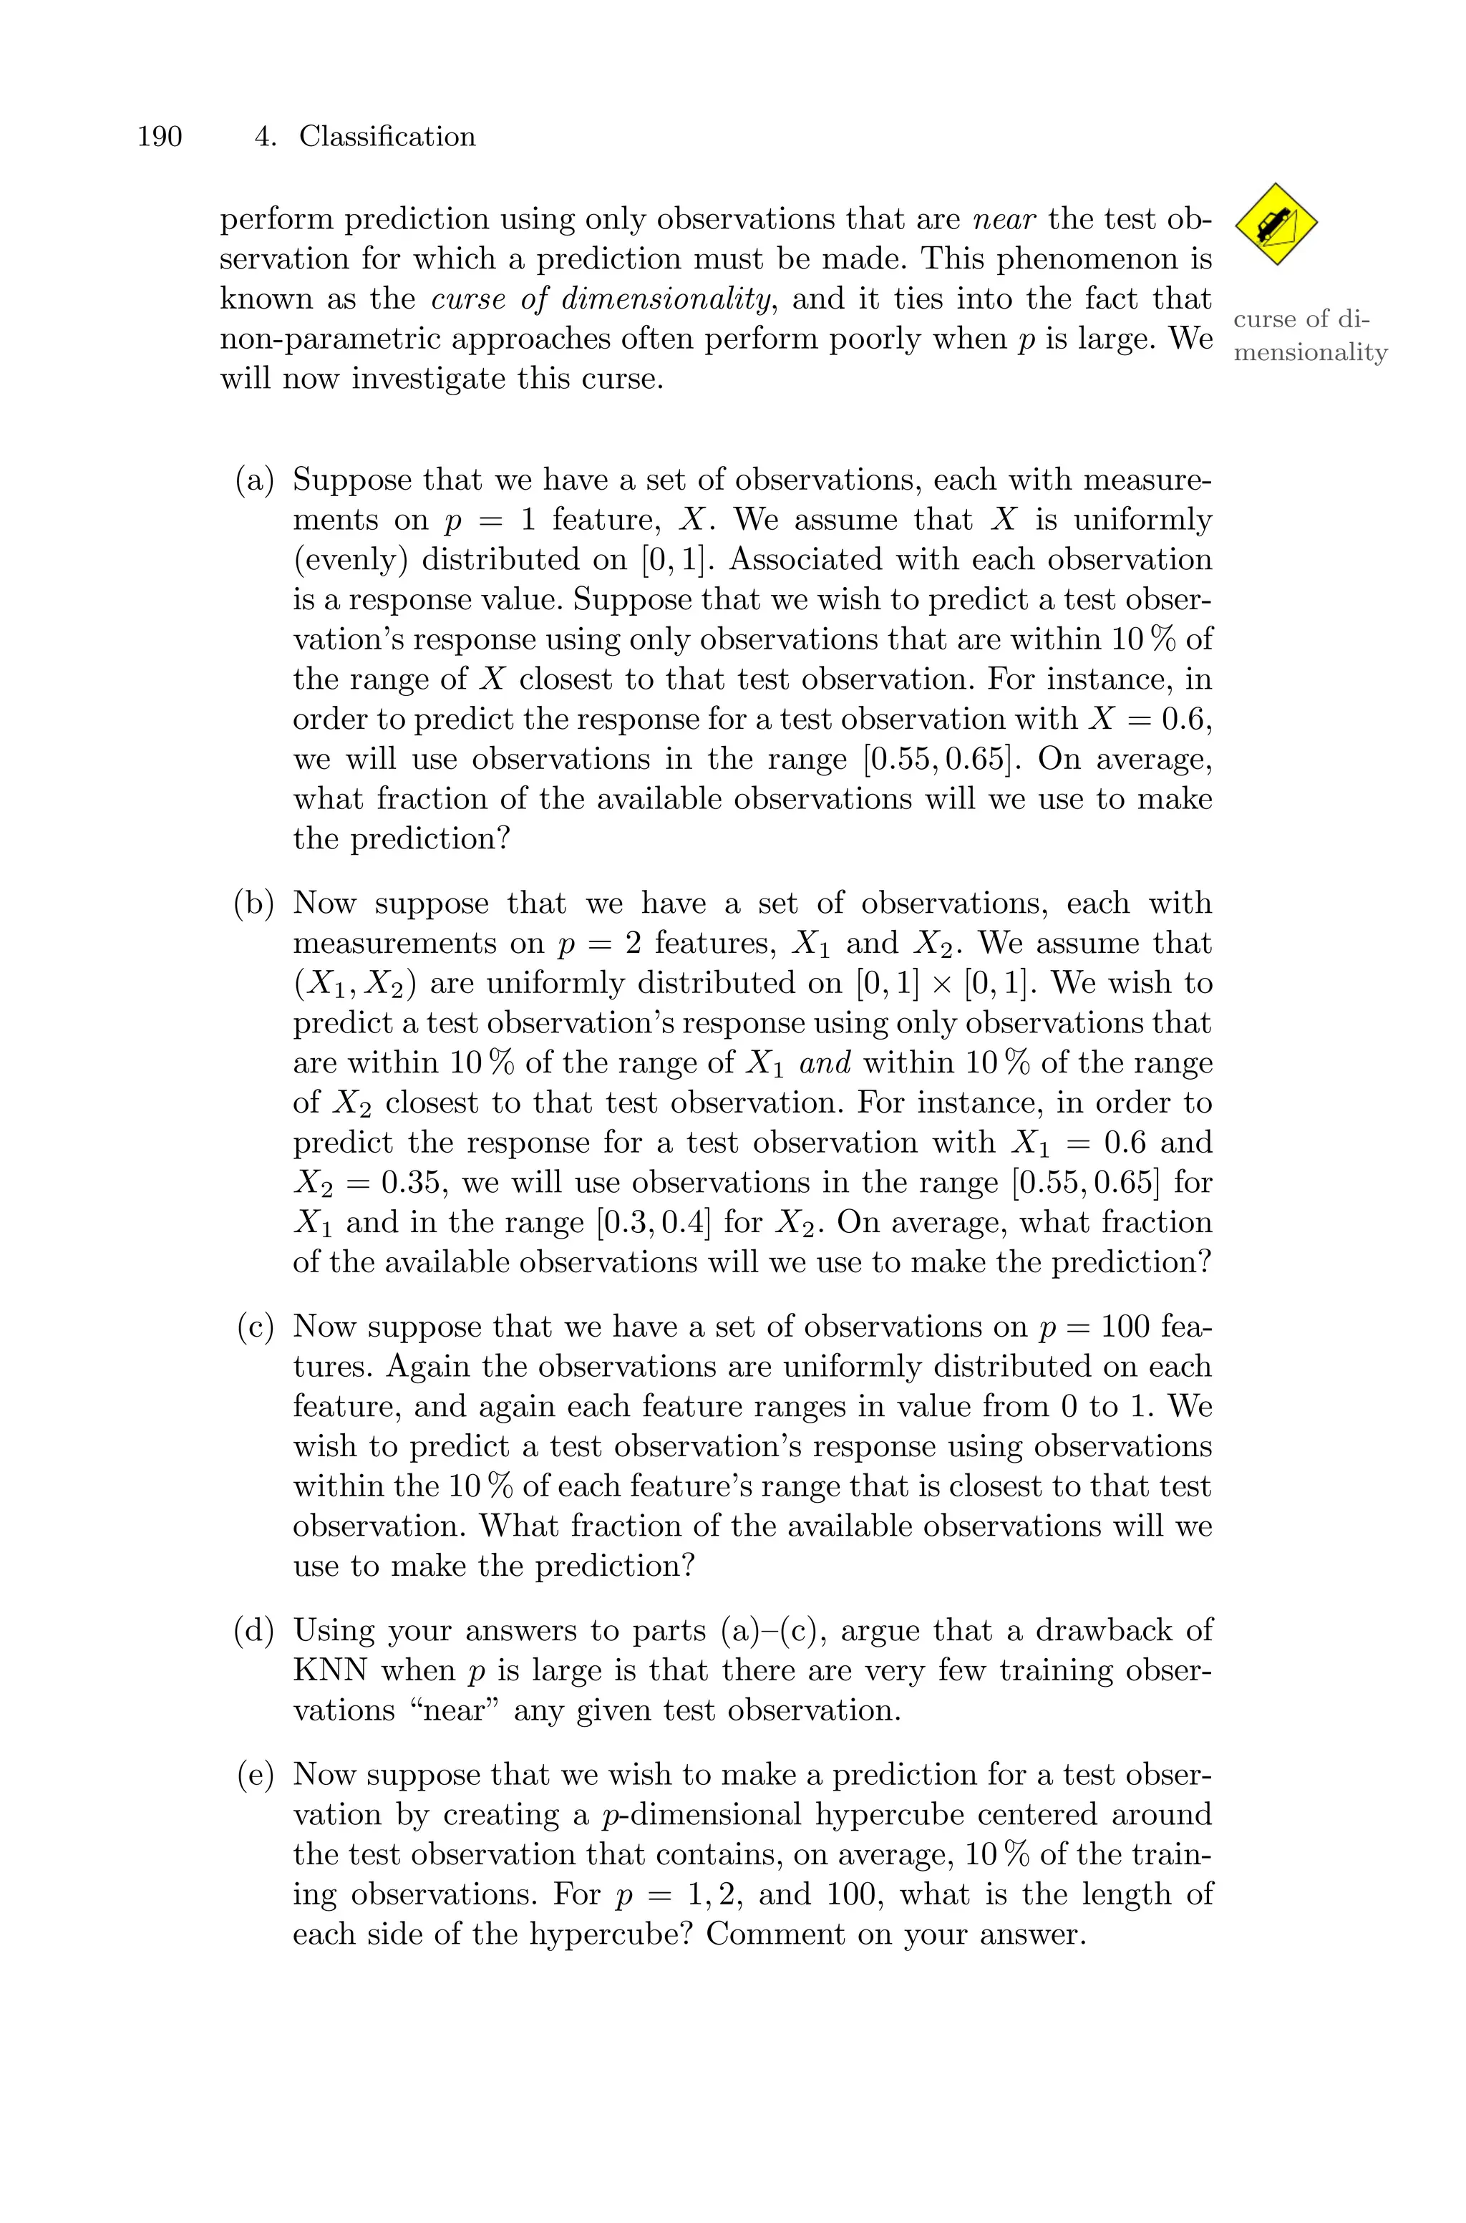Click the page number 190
[159, 137]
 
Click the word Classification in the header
[387, 137]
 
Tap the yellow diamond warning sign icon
[1276, 224]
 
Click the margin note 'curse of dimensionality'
[1310, 336]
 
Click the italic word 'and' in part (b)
[825, 1064]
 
